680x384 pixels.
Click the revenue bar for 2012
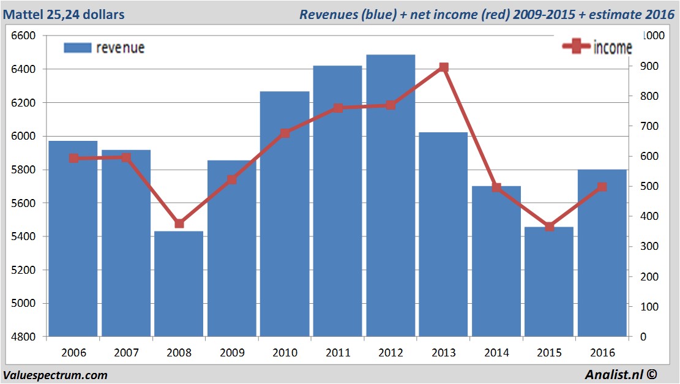(390, 196)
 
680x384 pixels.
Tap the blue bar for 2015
(549, 282)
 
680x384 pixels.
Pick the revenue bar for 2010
(285, 214)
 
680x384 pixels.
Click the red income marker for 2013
(444, 67)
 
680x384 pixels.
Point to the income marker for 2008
(179, 224)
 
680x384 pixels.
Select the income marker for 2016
(602, 187)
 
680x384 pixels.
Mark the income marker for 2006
(73, 158)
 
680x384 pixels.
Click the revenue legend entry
(104, 48)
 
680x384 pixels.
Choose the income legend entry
(597, 47)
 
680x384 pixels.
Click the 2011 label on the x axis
(338, 353)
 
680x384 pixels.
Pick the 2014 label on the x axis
(496, 353)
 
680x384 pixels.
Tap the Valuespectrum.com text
(55, 375)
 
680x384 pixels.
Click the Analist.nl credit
(624, 374)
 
